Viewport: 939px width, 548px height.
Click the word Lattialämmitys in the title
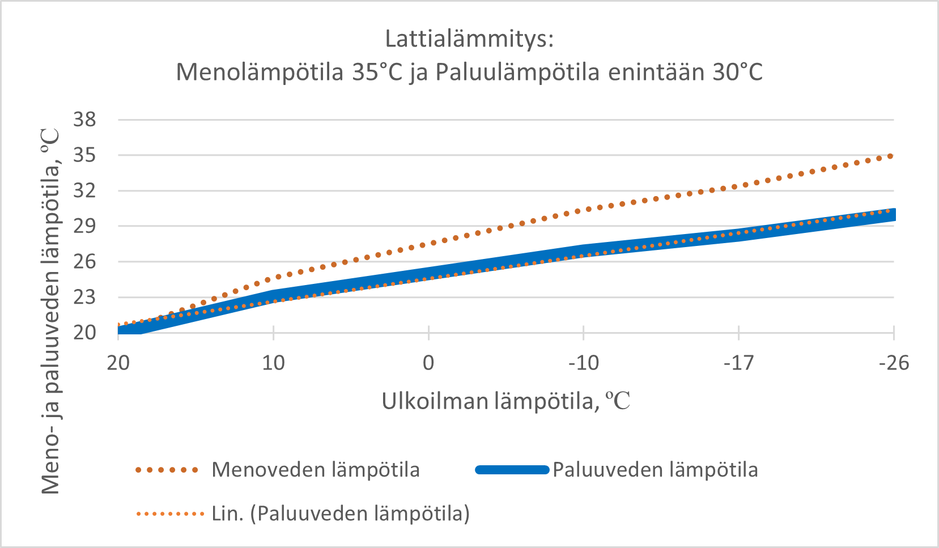click(469, 39)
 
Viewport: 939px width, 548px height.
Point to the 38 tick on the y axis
click(85, 120)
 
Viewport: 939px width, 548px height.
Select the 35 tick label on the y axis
click(85, 155)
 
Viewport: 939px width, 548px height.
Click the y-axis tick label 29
click(85, 226)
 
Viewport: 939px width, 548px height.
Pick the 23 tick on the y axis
click(85, 297)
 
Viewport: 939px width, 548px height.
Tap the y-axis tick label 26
click(85, 262)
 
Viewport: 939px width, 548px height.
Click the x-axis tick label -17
click(738, 363)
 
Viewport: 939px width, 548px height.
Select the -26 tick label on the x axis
click(894, 363)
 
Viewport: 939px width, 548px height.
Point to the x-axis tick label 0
click(428, 363)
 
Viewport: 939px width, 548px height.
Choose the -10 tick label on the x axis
click(584, 363)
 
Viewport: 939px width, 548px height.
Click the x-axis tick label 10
click(273, 363)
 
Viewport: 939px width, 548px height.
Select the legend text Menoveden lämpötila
click(316, 470)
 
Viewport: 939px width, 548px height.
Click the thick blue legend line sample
click(512, 470)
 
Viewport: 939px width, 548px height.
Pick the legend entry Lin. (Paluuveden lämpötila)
click(340, 513)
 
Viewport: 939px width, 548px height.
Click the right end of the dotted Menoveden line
click(891, 156)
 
